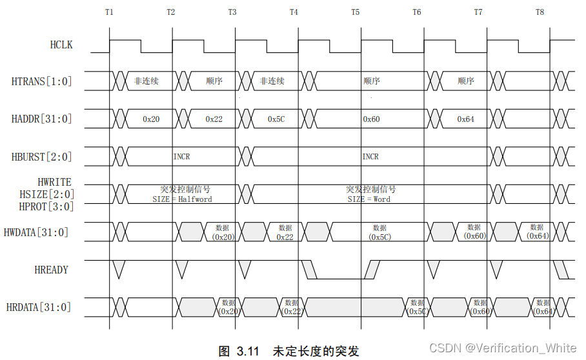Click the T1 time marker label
[x=109, y=12]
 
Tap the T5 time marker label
[x=356, y=12]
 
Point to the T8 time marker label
[x=540, y=12]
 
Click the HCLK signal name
[x=61, y=45]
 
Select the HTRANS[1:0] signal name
[x=42, y=81]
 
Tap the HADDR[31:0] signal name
[x=42, y=119]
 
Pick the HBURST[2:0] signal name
[x=42, y=157]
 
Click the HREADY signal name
[x=52, y=270]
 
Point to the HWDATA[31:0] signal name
[x=36, y=232]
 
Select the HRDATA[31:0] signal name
[x=39, y=308]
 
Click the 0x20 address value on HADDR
[x=151, y=119]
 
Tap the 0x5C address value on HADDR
[x=277, y=119]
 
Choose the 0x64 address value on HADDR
[x=466, y=119]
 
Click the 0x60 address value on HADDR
[x=372, y=119]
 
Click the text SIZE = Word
[x=369, y=199]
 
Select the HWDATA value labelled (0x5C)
[x=379, y=237]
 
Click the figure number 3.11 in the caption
[x=248, y=351]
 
